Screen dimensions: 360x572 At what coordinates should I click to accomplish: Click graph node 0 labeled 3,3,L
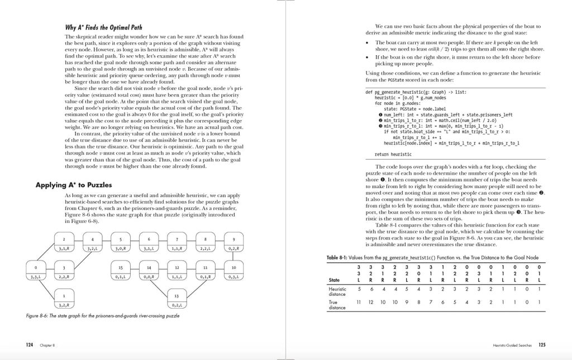35,272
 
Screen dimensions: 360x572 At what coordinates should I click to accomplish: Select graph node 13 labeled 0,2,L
177,300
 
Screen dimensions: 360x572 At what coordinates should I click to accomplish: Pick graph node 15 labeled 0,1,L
120,272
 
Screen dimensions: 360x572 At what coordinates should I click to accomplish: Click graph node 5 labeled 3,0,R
120,243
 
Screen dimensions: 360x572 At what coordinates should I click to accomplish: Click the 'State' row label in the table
335,280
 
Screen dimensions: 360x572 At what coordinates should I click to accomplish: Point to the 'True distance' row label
337,304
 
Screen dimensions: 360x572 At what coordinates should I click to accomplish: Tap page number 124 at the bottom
30,345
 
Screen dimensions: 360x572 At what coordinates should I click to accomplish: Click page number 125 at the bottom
542,345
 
